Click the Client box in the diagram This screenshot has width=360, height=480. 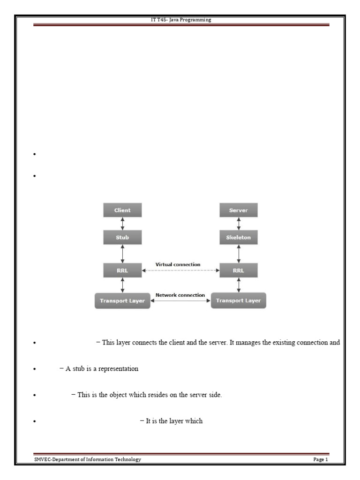[x=122, y=210]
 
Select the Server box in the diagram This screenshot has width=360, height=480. [x=239, y=210]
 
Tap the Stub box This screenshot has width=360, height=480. [x=122, y=238]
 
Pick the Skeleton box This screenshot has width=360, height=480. [x=239, y=238]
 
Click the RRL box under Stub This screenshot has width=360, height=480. [x=122, y=270]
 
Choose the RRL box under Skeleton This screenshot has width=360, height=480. [x=239, y=270]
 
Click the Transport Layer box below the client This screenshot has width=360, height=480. [x=122, y=300]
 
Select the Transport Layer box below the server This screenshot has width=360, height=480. [x=239, y=300]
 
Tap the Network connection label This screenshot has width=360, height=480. [x=180, y=295]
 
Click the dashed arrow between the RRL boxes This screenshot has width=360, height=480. [x=180, y=270]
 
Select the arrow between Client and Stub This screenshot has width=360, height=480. [x=122, y=224]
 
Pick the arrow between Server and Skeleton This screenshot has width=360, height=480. [x=239, y=224]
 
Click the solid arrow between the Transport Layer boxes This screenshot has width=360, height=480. [x=180, y=301]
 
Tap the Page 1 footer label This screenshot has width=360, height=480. [x=321, y=459]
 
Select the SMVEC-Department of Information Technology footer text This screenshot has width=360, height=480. [x=87, y=459]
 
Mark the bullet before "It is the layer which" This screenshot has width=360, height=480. [x=35, y=422]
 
